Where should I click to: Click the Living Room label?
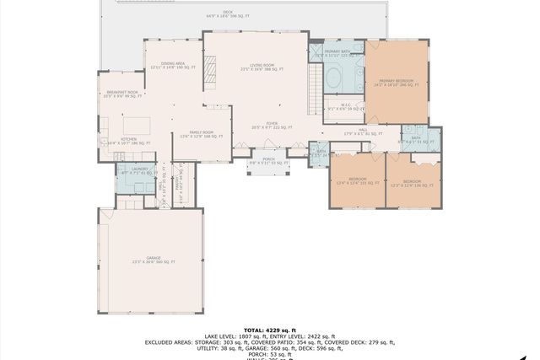(257, 67)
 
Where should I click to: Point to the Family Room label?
(201, 133)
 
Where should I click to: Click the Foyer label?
(272, 125)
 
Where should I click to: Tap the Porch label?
(268, 160)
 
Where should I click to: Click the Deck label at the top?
(228, 13)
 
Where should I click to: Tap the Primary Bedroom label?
(396, 83)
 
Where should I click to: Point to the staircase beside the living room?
(316, 83)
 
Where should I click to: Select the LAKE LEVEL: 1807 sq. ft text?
(233, 336)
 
